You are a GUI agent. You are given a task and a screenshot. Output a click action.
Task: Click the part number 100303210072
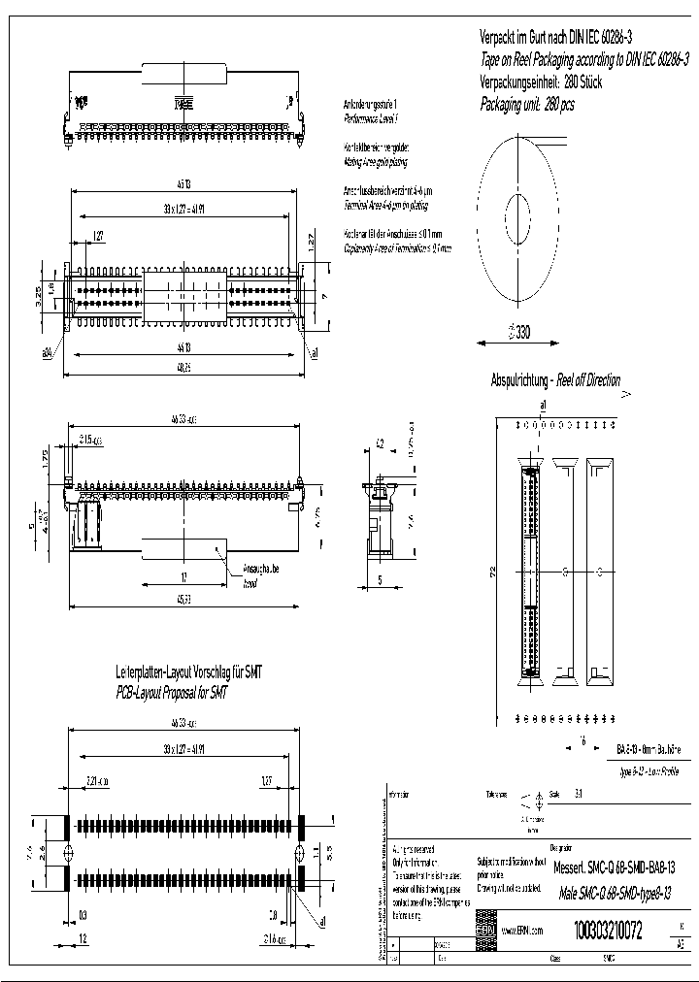(608, 932)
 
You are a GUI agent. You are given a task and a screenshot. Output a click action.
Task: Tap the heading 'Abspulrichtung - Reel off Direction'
(555, 380)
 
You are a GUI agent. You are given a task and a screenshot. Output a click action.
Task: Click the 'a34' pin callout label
(47, 353)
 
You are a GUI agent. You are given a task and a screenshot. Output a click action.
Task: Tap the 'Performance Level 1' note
(371, 116)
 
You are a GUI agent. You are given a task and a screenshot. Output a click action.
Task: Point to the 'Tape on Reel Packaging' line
(584, 59)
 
